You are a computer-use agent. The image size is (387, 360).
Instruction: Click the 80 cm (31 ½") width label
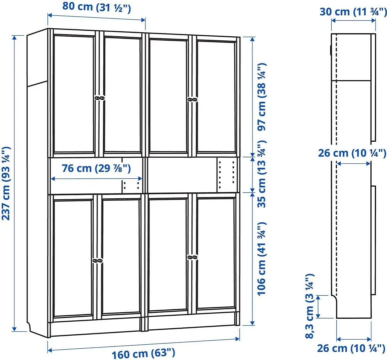[97, 7]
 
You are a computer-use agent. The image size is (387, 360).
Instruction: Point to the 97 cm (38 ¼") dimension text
[262, 96]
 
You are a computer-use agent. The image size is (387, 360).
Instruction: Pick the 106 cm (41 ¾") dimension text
[262, 258]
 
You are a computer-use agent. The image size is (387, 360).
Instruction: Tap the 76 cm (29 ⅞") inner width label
[96, 168]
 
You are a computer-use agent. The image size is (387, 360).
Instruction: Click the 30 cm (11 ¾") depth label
[353, 11]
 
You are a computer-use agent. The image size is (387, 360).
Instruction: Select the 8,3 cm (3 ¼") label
[310, 306]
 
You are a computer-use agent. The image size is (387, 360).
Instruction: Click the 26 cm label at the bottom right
[351, 348]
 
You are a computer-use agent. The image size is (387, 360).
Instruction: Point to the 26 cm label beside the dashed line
[352, 153]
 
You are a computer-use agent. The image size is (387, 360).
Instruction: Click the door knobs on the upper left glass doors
[99, 98]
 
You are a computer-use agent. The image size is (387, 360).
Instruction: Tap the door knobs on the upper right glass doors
[192, 99]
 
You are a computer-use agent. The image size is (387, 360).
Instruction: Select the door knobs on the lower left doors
[97, 260]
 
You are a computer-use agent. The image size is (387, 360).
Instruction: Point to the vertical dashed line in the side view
[336, 167]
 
